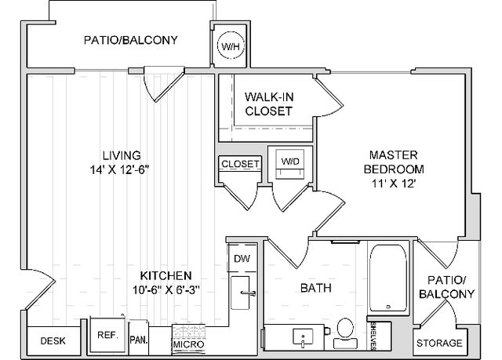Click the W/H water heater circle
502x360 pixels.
(x=231, y=46)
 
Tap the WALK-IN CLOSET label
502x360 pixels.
(x=269, y=104)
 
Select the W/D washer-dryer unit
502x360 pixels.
(x=290, y=164)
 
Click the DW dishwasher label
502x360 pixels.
(x=242, y=259)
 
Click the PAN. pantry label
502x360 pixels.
(x=139, y=340)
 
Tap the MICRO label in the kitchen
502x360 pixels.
(x=188, y=344)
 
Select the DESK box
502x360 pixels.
(x=53, y=341)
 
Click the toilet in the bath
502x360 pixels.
(x=345, y=333)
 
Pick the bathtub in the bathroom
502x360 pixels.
(x=388, y=278)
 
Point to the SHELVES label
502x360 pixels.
(x=373, y=336)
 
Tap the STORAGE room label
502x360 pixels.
(x=439, y=343)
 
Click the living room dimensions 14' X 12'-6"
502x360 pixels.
(x=120, y=169)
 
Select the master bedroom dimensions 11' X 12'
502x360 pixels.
(x=394, y=184)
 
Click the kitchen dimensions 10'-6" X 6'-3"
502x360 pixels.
(x=166, y=290)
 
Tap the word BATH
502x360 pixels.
(x=315, y=288)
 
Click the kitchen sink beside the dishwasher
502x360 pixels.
(x=241, y=293)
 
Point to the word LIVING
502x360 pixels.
(x=122, y=155)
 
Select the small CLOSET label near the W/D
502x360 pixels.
(x=240, y=164)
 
